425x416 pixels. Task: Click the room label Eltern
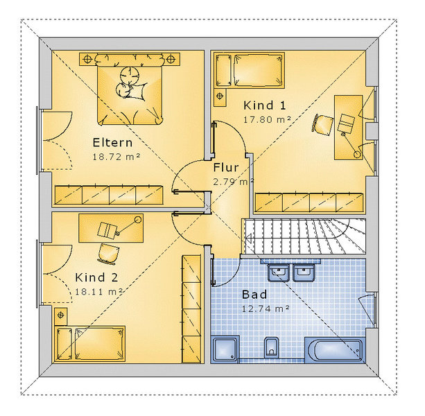112,143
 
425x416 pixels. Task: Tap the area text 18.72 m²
116,157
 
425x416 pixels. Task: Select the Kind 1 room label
265,105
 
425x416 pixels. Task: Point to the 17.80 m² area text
267,119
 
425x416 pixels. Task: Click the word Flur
226,168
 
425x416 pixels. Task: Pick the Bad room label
254,295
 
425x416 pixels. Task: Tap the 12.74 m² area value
266,309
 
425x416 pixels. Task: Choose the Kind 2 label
96,277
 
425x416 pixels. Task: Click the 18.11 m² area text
98,292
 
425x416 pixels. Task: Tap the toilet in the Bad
271,347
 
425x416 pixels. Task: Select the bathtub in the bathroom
335,350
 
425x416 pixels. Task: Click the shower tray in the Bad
225,349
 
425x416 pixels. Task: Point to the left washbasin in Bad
279,272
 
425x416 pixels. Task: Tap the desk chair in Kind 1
322,124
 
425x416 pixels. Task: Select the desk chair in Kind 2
108,253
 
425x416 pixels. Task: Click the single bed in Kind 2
89,343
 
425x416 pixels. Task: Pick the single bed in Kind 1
250,70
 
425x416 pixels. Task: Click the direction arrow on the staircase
249,239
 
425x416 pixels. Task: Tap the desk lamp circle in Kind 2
138,219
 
